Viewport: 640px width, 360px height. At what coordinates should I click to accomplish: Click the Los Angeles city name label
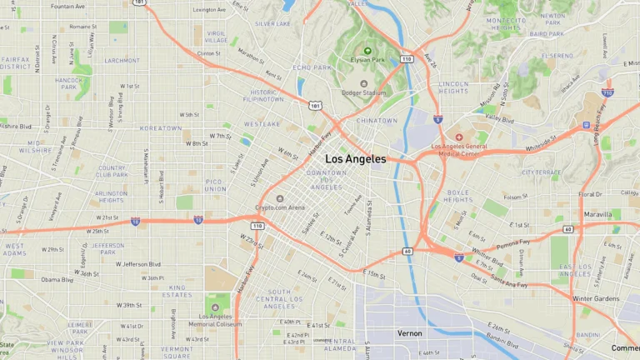coord(355,158)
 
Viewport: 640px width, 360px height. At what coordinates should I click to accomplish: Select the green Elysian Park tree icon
coord(367,51)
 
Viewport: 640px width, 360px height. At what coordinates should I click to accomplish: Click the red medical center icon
coord(457,137)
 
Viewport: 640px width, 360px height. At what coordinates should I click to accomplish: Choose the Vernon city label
coord(409,333)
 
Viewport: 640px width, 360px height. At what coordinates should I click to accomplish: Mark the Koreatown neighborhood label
coord(161,128)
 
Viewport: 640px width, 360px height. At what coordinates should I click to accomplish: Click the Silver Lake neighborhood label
coord(273,23)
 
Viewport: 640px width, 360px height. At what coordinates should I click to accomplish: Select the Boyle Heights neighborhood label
coord(458,196)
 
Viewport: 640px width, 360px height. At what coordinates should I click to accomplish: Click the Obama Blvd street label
coord(57,280)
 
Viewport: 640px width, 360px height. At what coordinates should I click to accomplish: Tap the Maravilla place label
coord(598,214)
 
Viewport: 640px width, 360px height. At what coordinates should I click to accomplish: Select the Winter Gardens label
coord(596,299)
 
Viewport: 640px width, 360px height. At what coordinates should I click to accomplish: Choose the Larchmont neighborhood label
coord(122,61)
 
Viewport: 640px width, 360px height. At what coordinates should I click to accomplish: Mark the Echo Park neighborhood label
coord(312,67)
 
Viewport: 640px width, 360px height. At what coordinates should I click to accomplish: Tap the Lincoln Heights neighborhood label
coord(454,87)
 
